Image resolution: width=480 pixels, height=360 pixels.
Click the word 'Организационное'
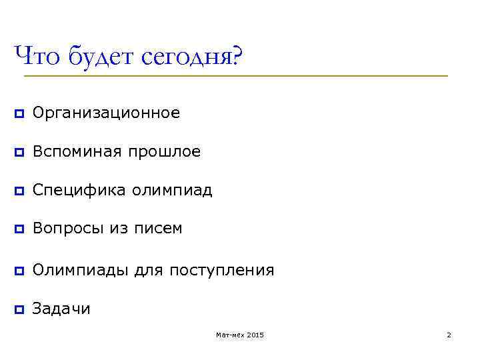106,114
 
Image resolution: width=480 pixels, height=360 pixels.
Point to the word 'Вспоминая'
77,153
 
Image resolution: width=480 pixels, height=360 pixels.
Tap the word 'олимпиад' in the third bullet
172,191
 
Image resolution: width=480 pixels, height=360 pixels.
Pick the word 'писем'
159,229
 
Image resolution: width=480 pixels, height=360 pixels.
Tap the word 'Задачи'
61,309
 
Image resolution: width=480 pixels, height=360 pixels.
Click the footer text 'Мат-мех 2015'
240,335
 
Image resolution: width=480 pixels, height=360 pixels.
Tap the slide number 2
449,335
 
